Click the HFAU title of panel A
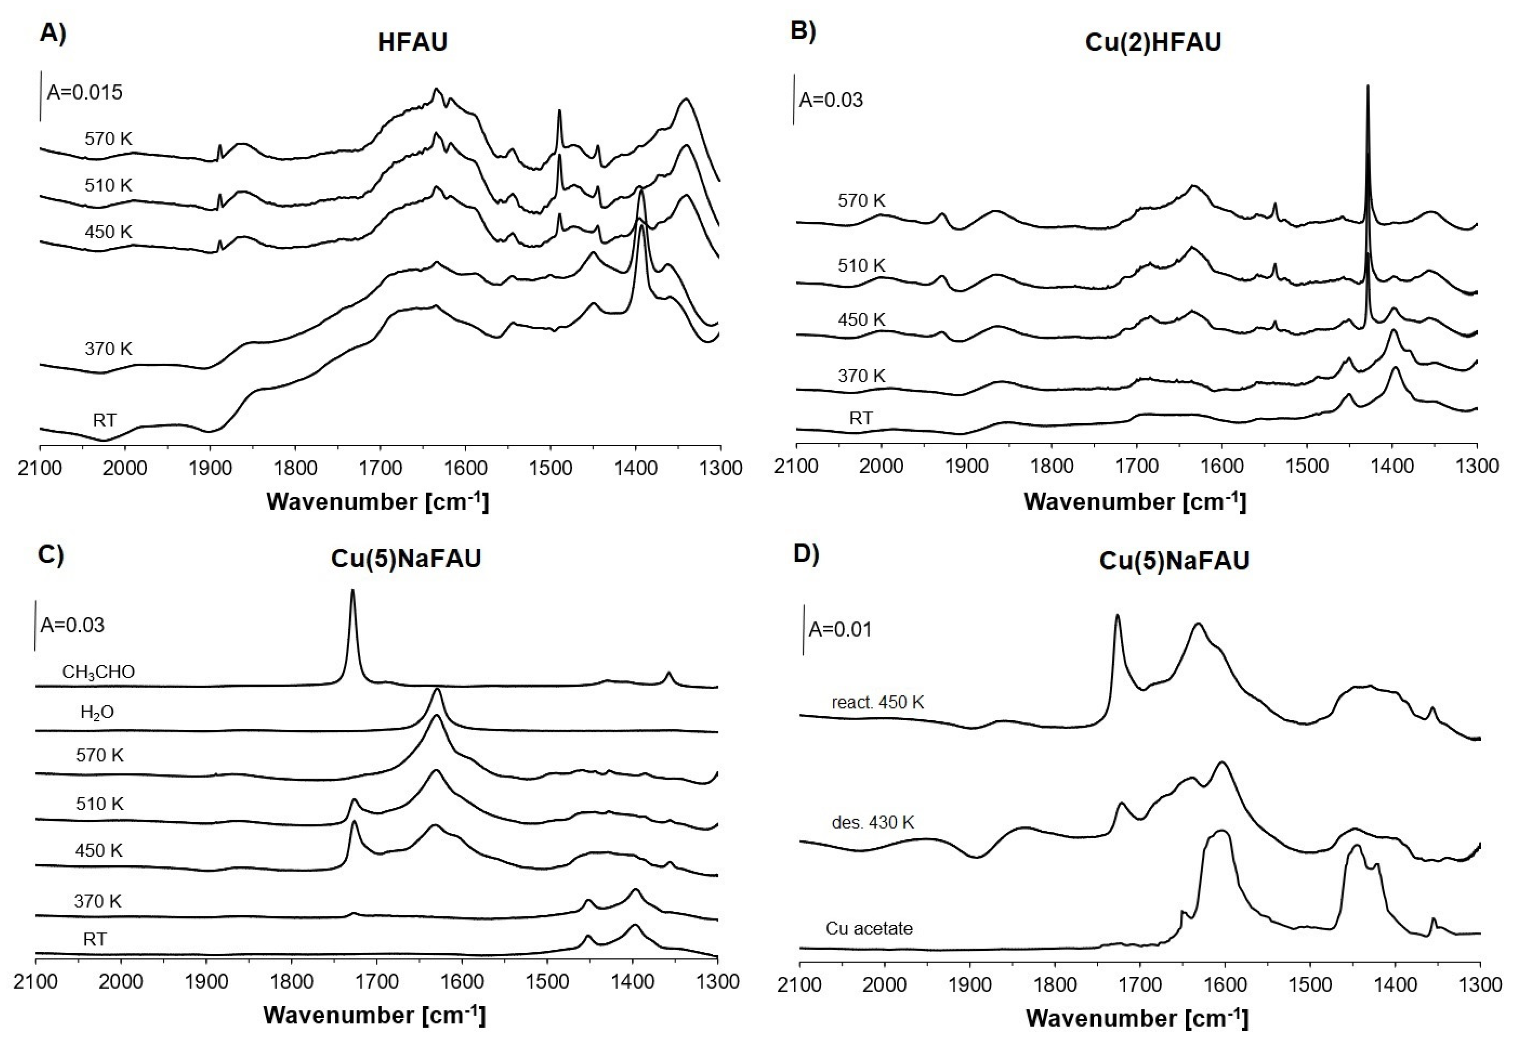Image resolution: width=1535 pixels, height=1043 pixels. [413, 42]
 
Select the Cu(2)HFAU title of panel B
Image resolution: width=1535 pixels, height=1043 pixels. [1153, 42]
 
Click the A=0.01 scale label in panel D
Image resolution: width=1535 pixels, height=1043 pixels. [840, 629]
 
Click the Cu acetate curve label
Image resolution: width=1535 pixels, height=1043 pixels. [869, 929]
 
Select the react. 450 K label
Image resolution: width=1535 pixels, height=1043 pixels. [877, 702]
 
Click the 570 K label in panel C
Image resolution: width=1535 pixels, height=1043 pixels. [100, 755]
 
